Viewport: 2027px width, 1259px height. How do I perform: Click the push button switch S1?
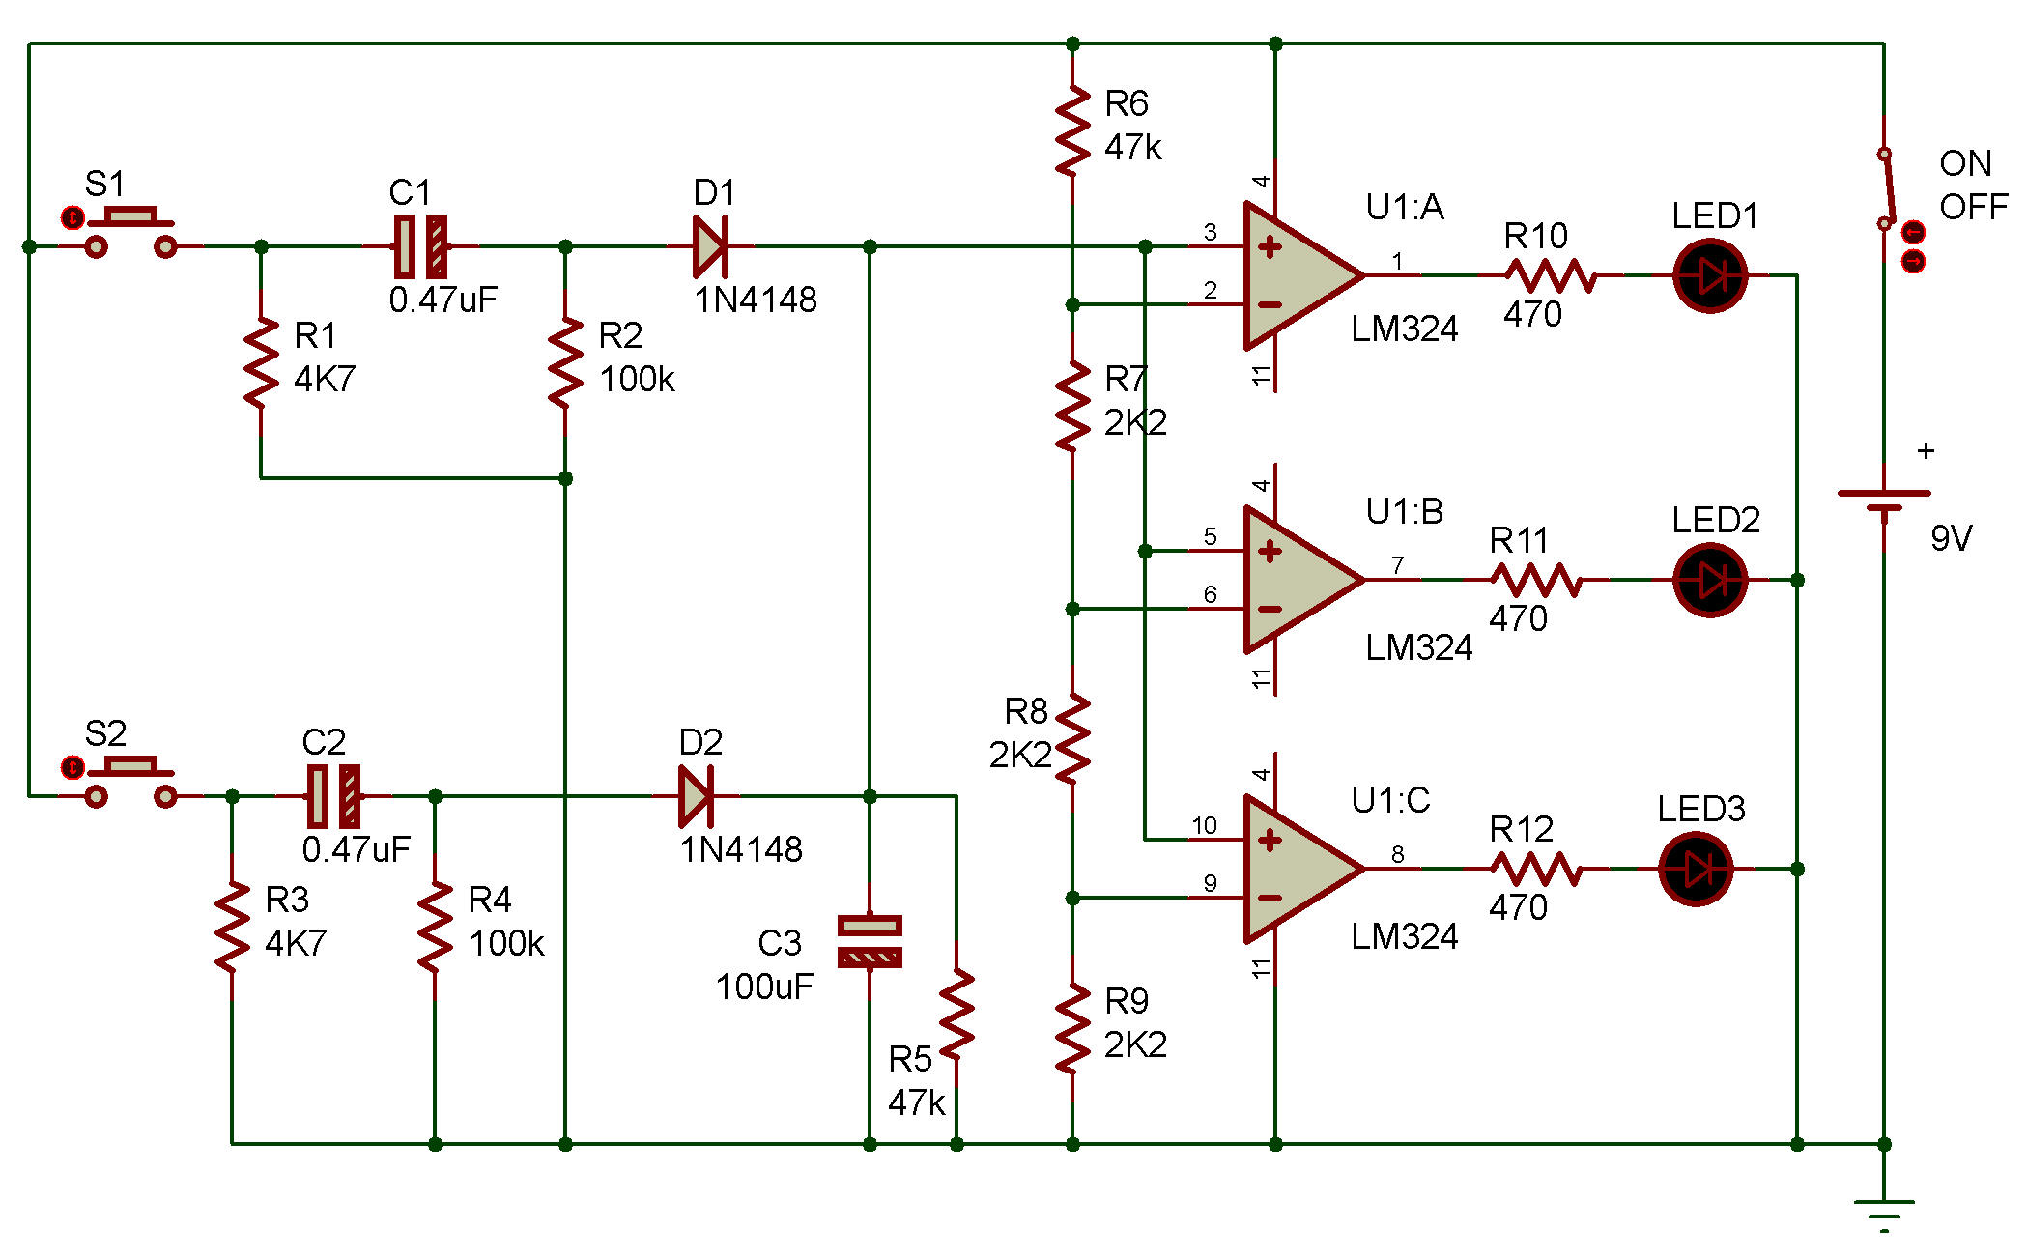click(x=131, y=233)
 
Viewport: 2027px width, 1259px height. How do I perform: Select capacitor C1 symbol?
click(x=421, y=246)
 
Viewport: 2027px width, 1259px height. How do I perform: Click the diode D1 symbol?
click(x=710, y=246)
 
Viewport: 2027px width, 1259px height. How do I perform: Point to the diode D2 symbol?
click(x=697, y=796)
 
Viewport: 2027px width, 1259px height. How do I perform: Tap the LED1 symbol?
click(x=1710, y=276)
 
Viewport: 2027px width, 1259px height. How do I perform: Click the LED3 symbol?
click(x=1696, y=870)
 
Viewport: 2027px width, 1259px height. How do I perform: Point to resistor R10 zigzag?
click(x=1551, y=275)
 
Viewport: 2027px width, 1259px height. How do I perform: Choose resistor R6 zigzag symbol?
click(x=1072, y=130)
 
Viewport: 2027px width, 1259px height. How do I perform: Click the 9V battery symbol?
click(x=1884, y=501)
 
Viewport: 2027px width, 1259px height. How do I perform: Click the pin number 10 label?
click(x=1204, y=825)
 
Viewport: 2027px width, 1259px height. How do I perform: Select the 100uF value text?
click(x=764, y=987)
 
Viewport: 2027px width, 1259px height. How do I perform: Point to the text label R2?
click(x=620, y=335)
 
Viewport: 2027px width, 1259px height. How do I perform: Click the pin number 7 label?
click(x=1397, y=564)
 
